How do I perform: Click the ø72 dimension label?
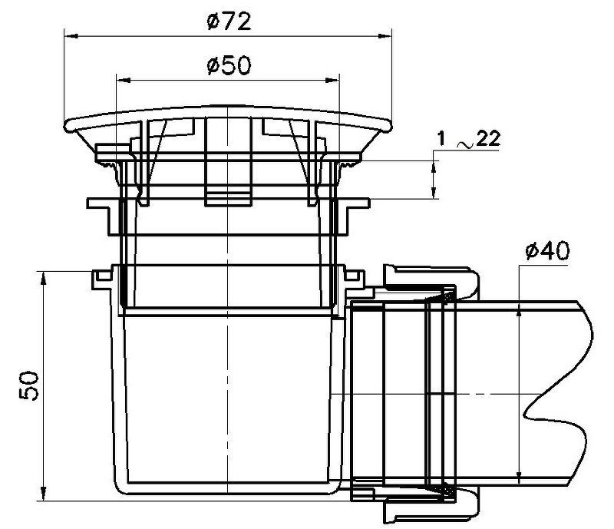click(229, 21)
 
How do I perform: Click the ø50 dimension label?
click(229, 65)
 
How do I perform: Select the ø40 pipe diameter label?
click(547, 251)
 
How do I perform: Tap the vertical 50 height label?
click(29, 386)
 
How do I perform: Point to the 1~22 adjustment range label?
click(468, 139)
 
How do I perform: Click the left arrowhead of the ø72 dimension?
click(71, 36)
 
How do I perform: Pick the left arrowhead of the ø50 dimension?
click(124, 81)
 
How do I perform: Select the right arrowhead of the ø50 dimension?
click(332, 81)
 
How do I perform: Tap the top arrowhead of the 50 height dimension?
click(44, 278)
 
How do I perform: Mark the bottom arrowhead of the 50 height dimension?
click(44, 493)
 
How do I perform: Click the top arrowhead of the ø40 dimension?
click(519, 309)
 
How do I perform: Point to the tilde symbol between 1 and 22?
click(466, 145)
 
